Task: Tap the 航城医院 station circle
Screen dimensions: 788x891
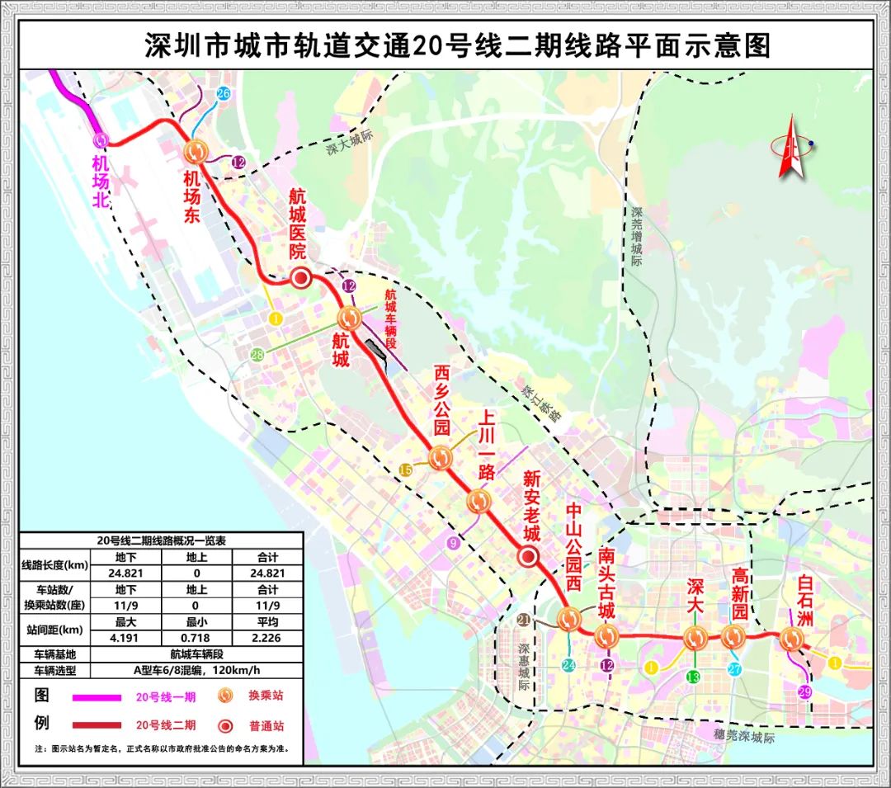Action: [301, 278]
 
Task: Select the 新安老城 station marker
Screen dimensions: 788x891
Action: [529, 557]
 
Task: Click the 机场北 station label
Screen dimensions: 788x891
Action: [101, 181]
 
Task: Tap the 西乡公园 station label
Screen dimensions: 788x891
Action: [443, 402]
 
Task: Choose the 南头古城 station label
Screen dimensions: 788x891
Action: [606, 588]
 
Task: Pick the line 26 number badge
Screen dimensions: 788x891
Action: [223, 93]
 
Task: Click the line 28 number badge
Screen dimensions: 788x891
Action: [257, 354]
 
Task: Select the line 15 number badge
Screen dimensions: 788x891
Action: [405, 469]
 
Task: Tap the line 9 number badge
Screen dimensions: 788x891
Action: [452, 542]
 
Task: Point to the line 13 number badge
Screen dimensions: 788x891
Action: [693, 677]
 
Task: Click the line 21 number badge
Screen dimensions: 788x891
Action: [524, 620]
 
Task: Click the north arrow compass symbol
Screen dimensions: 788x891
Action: [790, 147]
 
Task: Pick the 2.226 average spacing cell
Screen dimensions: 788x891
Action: [267, 637]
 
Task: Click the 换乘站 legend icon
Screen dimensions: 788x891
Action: [224, 696]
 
